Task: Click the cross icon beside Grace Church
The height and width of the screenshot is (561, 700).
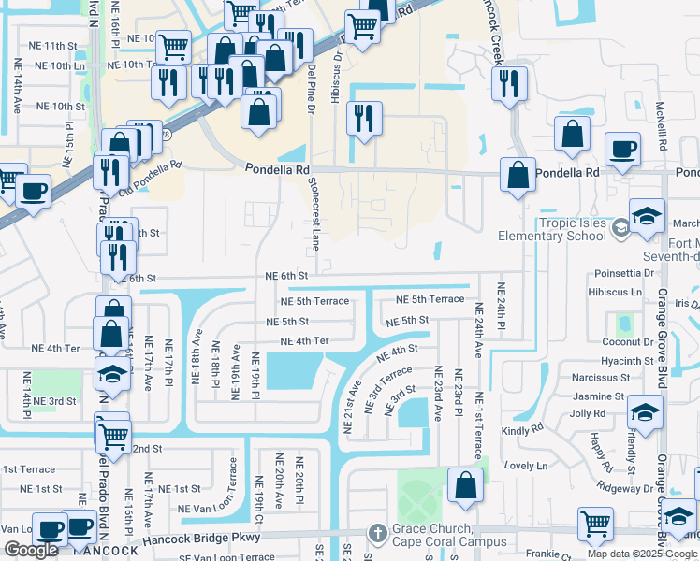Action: pyautogui.click(x=376, y=532)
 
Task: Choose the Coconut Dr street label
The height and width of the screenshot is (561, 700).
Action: pyautogui.click(x=628, y=342)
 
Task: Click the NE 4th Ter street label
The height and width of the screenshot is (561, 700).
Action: pyautogui.click(x=305, y=341)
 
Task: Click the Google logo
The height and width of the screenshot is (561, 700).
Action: pyautogui.click(x=32, y=550)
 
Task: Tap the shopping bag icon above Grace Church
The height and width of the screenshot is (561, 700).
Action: pyautogui.click(x=465, y=484)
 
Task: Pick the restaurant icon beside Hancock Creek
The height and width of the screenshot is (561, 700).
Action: pyautogui.click(x=508, y=82)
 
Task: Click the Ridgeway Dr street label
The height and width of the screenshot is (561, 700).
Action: pyautogui.click(x=626, y=488)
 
